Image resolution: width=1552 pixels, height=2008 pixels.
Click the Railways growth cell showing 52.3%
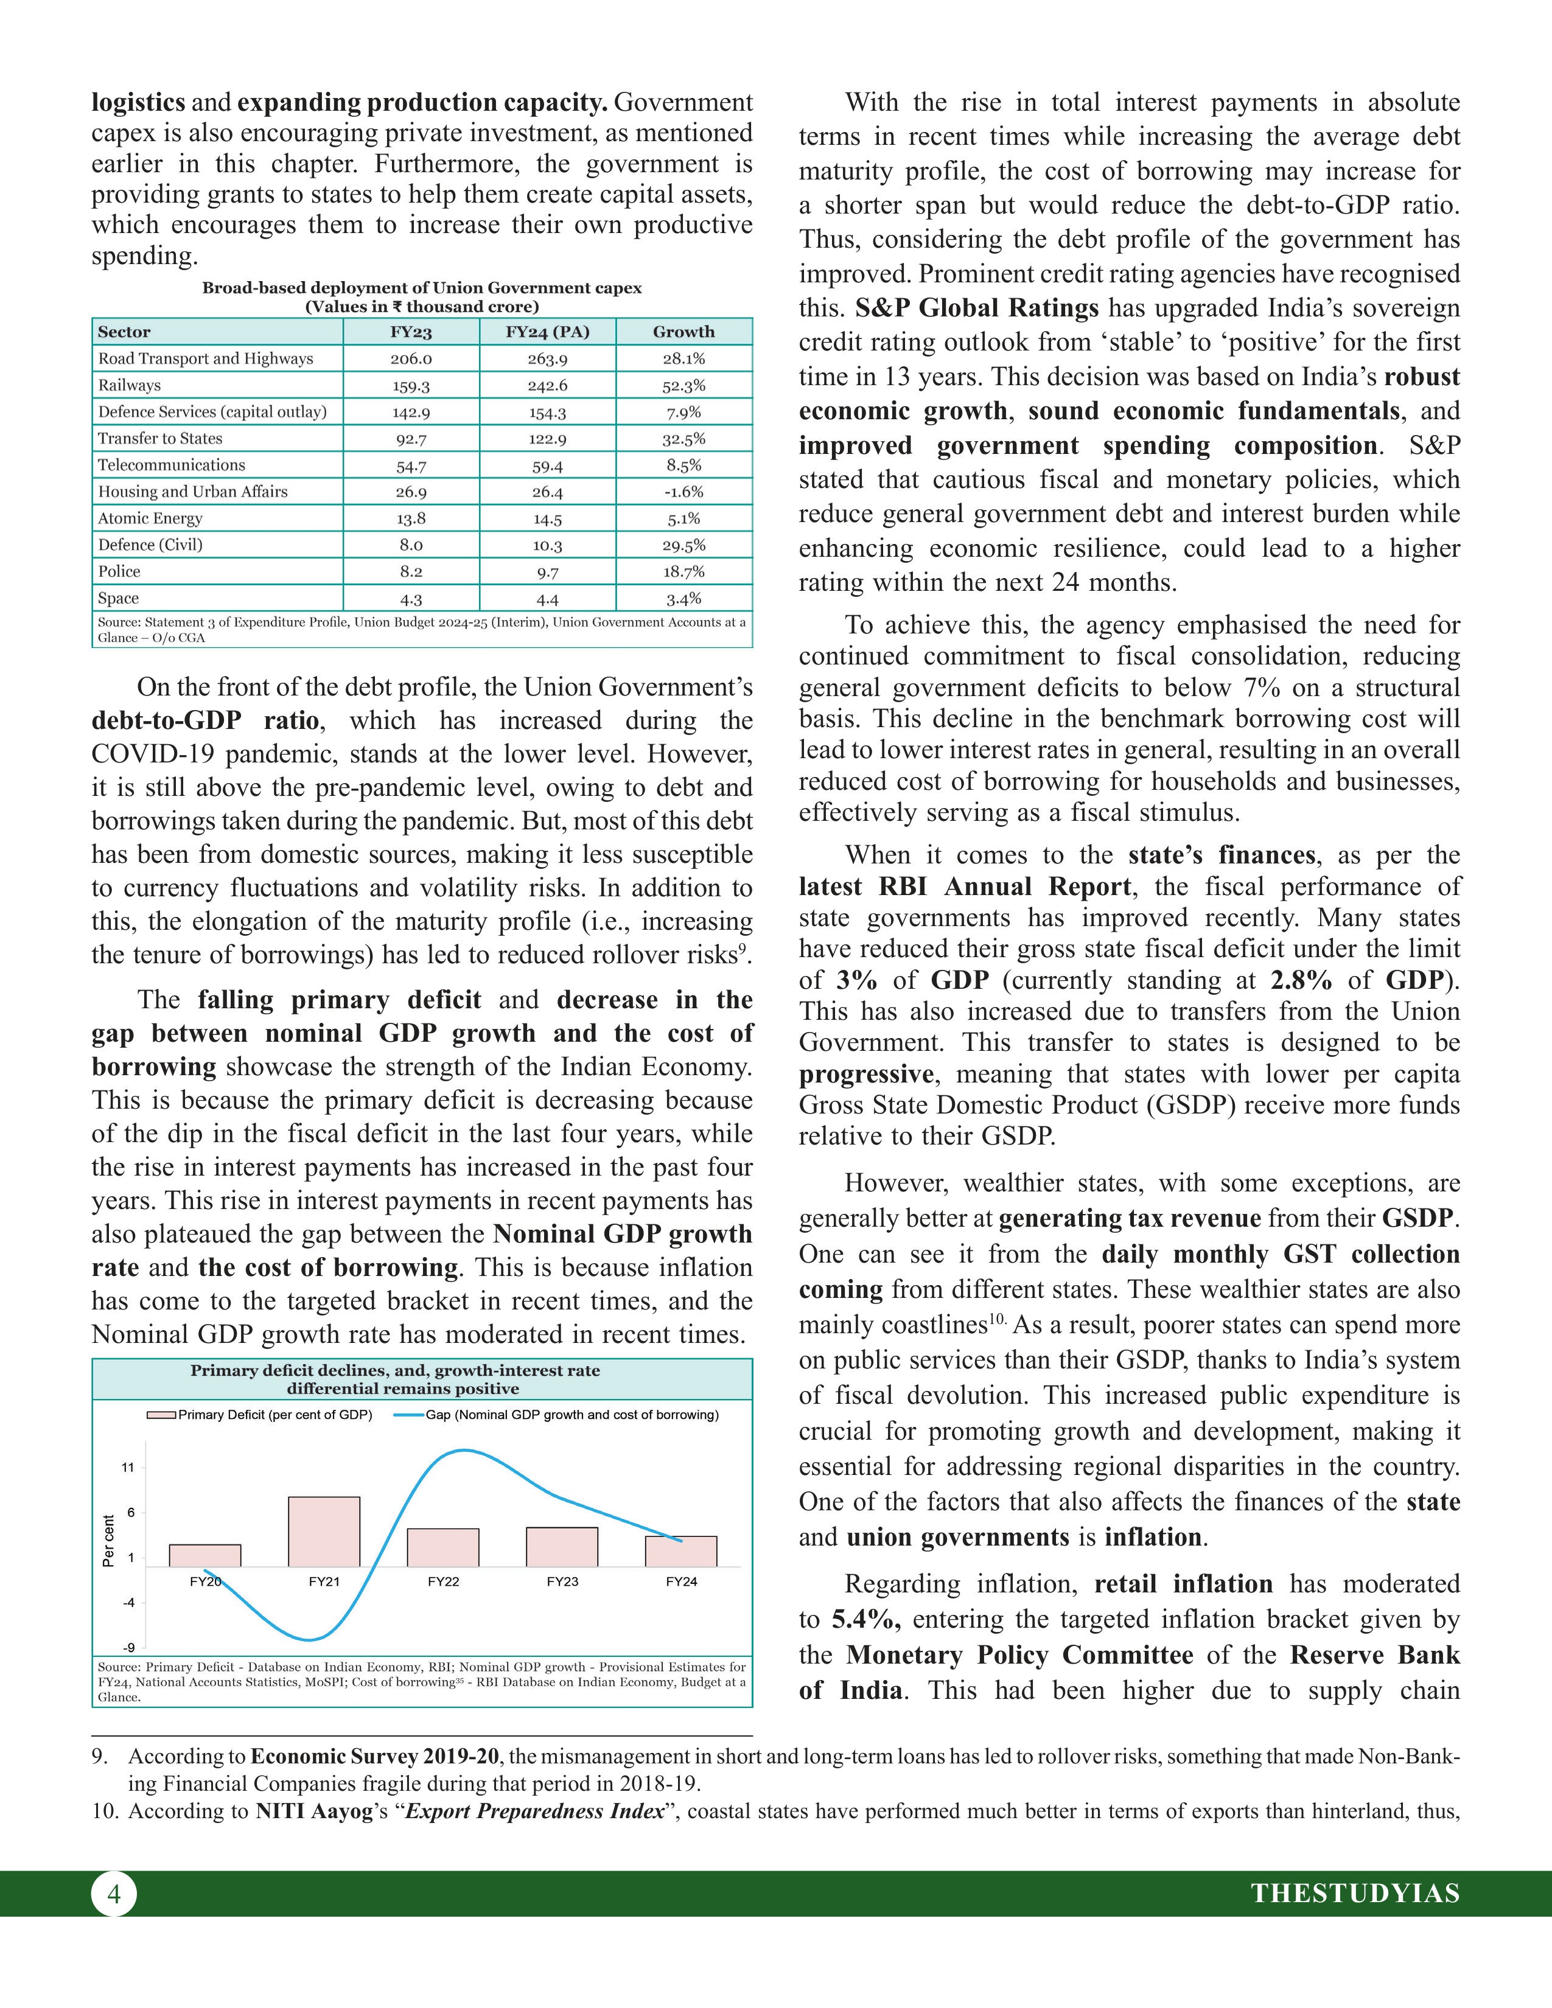point(683,385)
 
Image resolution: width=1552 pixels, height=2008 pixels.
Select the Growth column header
point(683,332)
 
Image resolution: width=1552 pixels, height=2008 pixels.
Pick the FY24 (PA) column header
point(547,332)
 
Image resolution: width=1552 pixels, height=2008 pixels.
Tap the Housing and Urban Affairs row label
point(193,492)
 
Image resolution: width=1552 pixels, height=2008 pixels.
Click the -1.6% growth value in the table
point(683,492)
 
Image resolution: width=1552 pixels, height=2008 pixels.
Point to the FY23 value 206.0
point(410,358)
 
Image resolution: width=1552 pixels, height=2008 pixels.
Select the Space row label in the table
point(119,599)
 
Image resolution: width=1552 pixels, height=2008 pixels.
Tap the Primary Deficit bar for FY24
point(681,1552)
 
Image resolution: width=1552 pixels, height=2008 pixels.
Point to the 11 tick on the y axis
point(128,1468)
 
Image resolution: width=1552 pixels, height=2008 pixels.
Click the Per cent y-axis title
point(108,1541)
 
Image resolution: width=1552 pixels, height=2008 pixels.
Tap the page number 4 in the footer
point(114,1894)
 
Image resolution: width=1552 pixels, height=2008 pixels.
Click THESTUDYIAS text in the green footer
point(1355,1894)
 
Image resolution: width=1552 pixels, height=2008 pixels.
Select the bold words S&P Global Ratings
point(976,308)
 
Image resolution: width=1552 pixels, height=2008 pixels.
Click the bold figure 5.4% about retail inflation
point(866,1619)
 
